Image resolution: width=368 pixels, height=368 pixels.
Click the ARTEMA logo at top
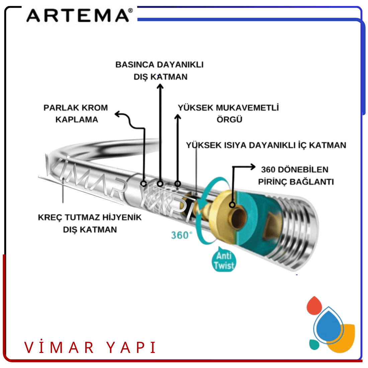[x=80, y=15]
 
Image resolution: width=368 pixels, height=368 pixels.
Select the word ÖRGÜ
[x=229, y=119]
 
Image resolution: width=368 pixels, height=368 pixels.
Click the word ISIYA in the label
[x=235, y=145]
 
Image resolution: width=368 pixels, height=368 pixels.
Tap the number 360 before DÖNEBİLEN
[x=268, y=170]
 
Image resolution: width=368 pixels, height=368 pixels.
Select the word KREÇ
[x=50, y=217]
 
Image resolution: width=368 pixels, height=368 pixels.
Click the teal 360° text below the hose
[x=182, y=235]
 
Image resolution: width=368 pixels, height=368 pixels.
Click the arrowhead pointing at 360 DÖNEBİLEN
[x=253, y=167]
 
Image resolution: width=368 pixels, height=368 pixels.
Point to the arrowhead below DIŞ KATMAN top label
[x=161, y=87]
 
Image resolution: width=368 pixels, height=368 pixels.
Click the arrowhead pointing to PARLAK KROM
[x=117, y=114]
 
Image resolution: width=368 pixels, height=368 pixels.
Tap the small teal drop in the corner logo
[x=314, y=344]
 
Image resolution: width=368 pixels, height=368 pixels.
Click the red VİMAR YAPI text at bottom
[x=90, y=348]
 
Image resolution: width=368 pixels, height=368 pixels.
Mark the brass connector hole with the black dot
[x=232, y=205]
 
